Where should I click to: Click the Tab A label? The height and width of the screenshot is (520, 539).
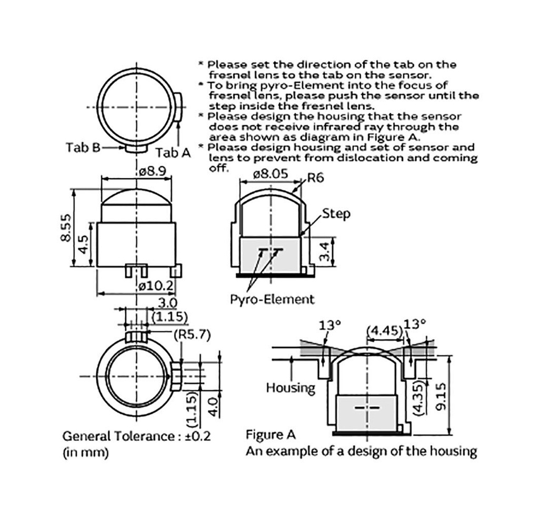173,152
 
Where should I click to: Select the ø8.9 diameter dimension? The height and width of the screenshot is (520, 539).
153,172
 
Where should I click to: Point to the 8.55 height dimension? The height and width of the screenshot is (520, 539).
67,227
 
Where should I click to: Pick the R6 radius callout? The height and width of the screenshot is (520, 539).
315,178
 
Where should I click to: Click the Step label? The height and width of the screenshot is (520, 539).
336,213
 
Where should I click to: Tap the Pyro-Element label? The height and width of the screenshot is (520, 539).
272,299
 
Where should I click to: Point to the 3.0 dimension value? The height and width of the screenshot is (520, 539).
167,303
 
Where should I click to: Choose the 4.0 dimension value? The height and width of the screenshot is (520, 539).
213,407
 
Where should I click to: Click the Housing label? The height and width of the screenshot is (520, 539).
290,388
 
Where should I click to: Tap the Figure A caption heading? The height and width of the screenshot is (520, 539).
271,435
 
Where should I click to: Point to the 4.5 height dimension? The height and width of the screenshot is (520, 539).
83,244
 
